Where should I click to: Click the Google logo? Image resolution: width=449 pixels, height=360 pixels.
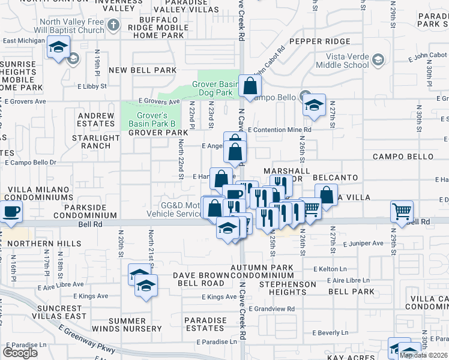pos(20,353)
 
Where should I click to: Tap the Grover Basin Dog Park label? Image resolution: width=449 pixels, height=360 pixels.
pos(212,89)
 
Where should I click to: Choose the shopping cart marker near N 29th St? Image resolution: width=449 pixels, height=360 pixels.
pos(402,211)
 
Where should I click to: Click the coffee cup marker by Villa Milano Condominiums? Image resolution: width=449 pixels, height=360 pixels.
pos(11,212)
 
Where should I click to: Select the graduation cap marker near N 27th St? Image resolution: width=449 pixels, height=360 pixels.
pos(314,105)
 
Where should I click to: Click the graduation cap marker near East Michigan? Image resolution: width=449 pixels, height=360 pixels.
pos(58,46)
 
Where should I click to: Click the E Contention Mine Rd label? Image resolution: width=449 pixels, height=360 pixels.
pos(280,130)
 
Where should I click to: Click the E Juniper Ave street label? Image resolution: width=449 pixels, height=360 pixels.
pos(363,243)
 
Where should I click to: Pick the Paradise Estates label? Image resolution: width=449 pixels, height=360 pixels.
pos(205,324)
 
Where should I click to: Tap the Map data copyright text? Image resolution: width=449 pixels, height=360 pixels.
pos(424,355)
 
